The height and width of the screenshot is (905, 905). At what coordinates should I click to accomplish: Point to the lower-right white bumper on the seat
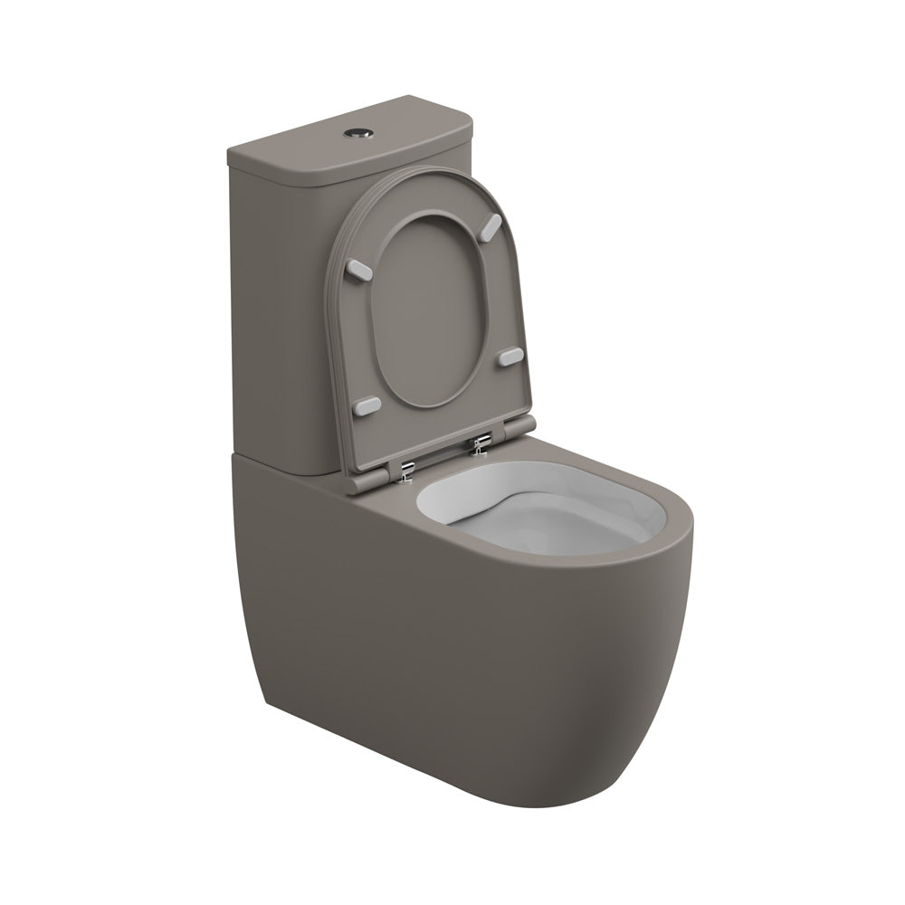tap(510, 357)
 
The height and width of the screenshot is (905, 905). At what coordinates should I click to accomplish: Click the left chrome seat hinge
tap(408, 468)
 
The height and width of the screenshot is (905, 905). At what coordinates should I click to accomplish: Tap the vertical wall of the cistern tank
tap(271, 317)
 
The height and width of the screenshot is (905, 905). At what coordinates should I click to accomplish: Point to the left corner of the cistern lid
tap(230, 156)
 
